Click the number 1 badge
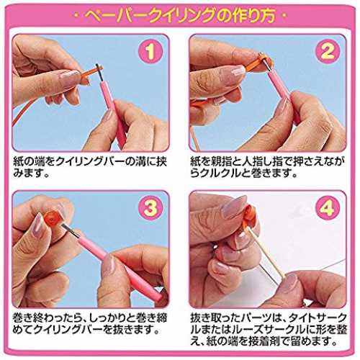point(150,51)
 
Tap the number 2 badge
point(328,51)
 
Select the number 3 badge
point(150,207)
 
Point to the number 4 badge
point(328,207)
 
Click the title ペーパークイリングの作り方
point(179,16)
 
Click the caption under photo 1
point(90,168)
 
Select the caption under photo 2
point(268,168)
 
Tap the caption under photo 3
point(90,324)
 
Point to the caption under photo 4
point(269,329)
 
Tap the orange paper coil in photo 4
point(248,216)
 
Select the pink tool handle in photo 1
point(112,113)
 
